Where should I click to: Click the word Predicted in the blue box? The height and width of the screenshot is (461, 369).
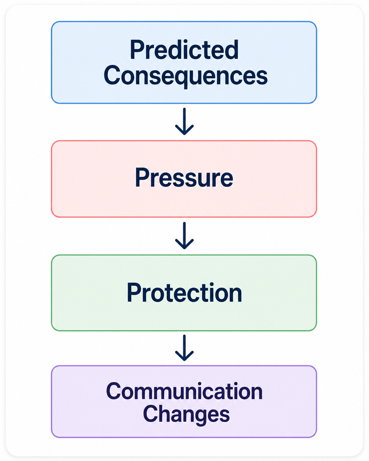(184, 50)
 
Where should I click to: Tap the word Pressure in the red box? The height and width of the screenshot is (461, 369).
(184, 178)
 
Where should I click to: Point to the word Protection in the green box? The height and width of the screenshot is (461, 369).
(184, 292)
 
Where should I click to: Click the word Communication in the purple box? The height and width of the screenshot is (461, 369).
(184, 391)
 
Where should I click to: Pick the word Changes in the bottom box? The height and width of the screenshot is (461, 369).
(186, 415)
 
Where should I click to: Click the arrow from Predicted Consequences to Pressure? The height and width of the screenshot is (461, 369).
(184, 121)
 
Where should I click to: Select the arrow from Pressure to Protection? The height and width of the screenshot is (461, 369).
(184, 235)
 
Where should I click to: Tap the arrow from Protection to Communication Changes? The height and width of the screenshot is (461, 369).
(184, 348)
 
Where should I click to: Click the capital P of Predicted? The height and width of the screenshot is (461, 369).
(136, 50)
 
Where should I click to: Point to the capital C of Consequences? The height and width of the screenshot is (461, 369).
(111, 75)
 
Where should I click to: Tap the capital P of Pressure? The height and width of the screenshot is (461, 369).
(142, 178)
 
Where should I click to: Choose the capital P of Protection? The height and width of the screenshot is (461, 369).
(134, 292)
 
